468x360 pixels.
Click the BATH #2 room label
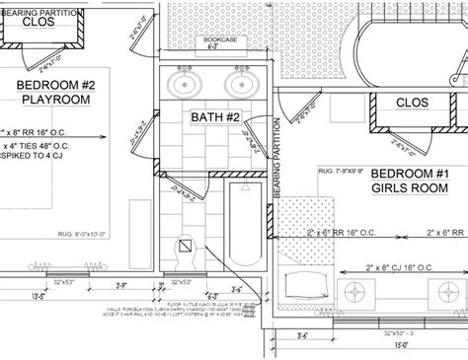tap(215, 117)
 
